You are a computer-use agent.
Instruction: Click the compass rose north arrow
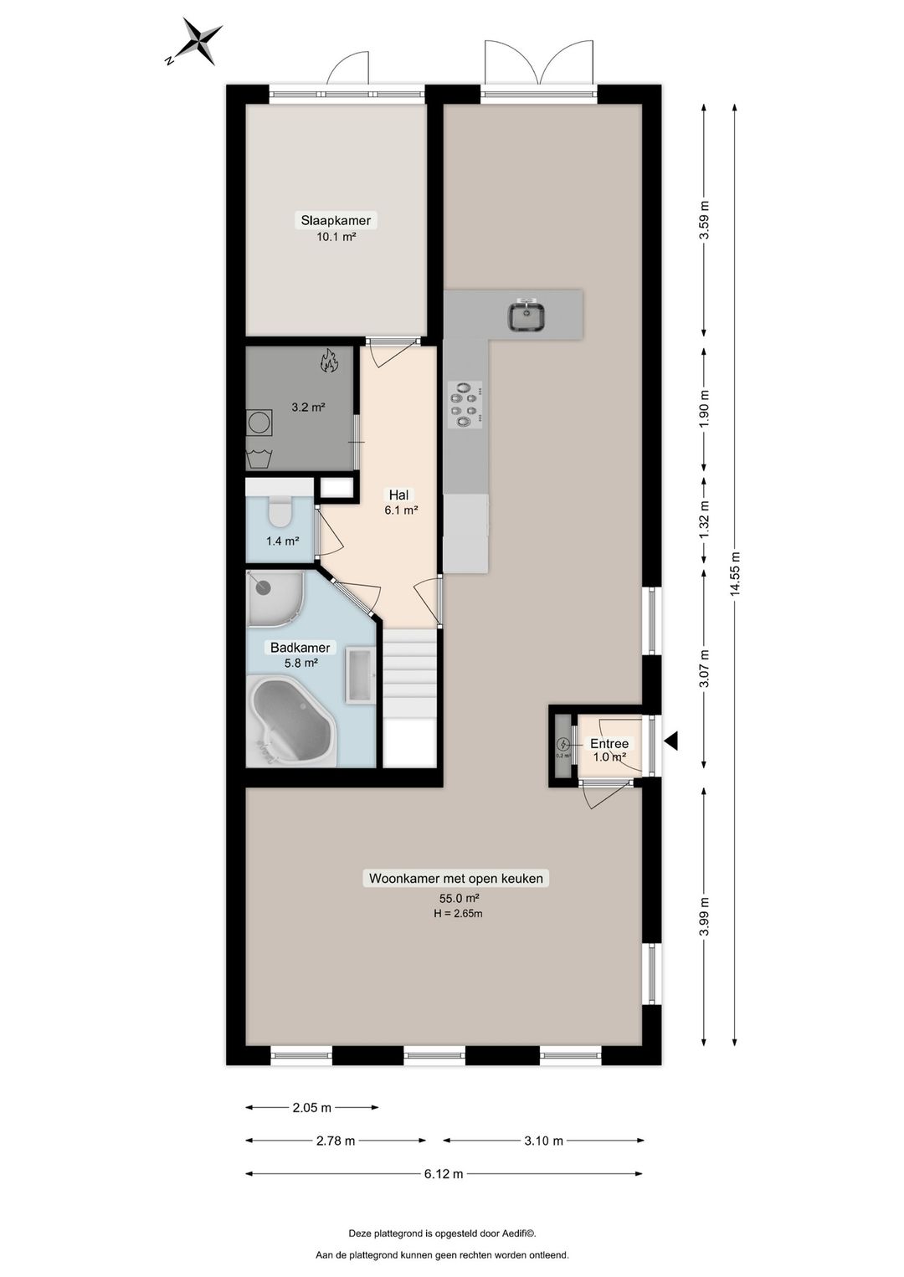pyautogui.click(x=199, y=41)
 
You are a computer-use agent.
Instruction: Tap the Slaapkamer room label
pyautogui.click(x=336, y=221)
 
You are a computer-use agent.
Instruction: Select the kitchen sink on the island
pyautogui.click(x=526, y=316)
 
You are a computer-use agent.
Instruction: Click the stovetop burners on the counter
pyautogui.click(x=465, y=404)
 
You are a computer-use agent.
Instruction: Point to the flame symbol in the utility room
pyautogui.click(x=329, y=362)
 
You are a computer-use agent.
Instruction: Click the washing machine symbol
pyautogui.click(x=259, y=423)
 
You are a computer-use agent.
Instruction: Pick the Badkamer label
pyautogui.click(x=300, y=648)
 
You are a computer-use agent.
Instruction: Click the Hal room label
pyautogui.click(x=398, y=495)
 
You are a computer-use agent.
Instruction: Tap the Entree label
pyautogui.click(x=609, y=743)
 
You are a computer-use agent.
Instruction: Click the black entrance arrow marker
pyautogui.click(x=670, y=741)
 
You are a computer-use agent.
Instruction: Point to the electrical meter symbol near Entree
pyautogui.click(x=563, y=744)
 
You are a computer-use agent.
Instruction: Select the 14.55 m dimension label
pyautogui.click(x=735, y=574)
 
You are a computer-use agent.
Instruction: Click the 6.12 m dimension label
pyautogui.click(x=444, y=1174)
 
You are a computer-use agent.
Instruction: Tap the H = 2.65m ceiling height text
pyautogui.click(x=458, y=914)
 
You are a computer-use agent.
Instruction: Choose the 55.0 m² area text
pyautogui.click(x=459, y=898)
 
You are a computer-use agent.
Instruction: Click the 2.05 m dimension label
pyautogui.click(x=311, y=1107)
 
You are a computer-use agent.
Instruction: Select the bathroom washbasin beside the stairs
pyautogui.click(x=361, y=675)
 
